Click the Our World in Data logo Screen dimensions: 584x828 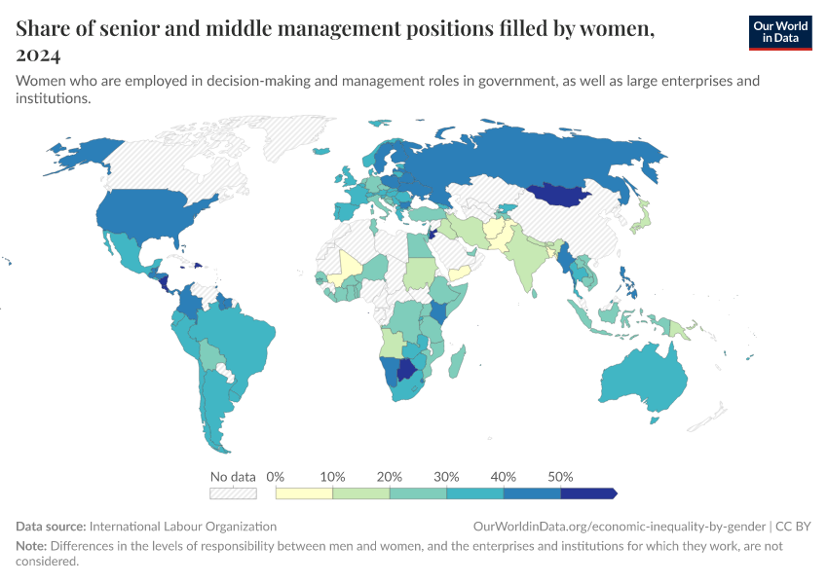pyautogui.click(x=779, y=31)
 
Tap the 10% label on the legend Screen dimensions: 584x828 pyautogui.click(x=332, y=477)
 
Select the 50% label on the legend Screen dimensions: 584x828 pyautogui.click(x=560, y=477)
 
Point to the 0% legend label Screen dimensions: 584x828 pyautogui.click(x=275, y=477)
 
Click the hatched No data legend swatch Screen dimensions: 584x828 pyautogui.click(x=233, y=493)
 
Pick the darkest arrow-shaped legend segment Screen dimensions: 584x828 pyautogui.click(x=589, y=493)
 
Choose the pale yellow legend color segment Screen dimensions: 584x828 pyautogui.click(x=304, y=493)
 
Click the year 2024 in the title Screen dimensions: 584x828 pyautogui.click(x=38, y=55)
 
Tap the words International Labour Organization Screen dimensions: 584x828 pyautogui.click(x=184, y=526)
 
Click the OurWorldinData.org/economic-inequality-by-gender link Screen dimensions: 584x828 pyautogui.click(x=620, y=526)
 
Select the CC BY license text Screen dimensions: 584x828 pyautogui.click(x=793, y=526)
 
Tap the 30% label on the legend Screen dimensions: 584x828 pyautogui.click(x=446, y=477)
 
